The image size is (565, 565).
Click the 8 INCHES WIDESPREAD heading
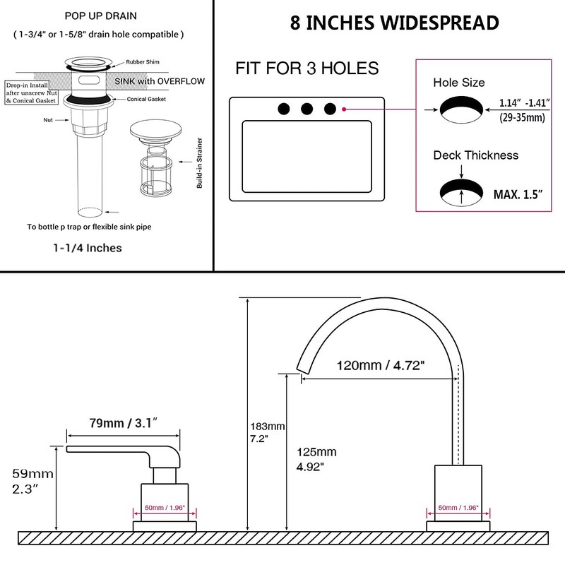point(395,23)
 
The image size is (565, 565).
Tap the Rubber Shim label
point(143,62)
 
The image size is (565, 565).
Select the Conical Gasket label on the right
point(146,99)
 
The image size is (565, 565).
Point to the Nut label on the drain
point(48,120)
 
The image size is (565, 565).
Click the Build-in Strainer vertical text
point(200,163)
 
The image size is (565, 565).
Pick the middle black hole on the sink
point(307,109)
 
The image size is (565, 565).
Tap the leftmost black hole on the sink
point(284,109)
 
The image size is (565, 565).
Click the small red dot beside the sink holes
point(344,109)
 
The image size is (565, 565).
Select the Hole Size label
point(458,83)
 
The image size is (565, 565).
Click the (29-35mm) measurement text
point(522,117)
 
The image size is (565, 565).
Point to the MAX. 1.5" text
point(518,195)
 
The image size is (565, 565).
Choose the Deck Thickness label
point(475,155)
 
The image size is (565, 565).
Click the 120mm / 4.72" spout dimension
point(381,365)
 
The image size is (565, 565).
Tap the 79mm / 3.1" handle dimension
point(123,422)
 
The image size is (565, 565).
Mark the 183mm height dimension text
point(268,427)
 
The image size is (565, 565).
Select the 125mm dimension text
point(316,452)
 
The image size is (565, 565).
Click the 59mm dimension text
point(32,473)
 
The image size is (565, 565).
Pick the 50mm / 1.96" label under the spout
point(458,508)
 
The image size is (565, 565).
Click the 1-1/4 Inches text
point(88,248)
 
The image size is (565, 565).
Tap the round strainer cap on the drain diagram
point(155,129)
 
